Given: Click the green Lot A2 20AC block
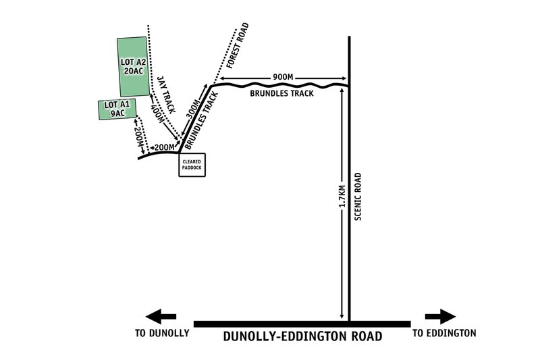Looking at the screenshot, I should pos(132,66).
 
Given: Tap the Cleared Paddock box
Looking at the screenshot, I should pos(192,164).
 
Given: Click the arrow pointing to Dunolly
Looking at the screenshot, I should pos(161,315).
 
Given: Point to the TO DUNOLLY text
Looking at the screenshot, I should pos(163,333).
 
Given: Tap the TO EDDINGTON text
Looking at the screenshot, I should pos(444,333).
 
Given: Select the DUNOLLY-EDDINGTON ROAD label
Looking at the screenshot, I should pos(302,336).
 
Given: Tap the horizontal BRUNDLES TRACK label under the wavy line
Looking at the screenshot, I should pos(281,94).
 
